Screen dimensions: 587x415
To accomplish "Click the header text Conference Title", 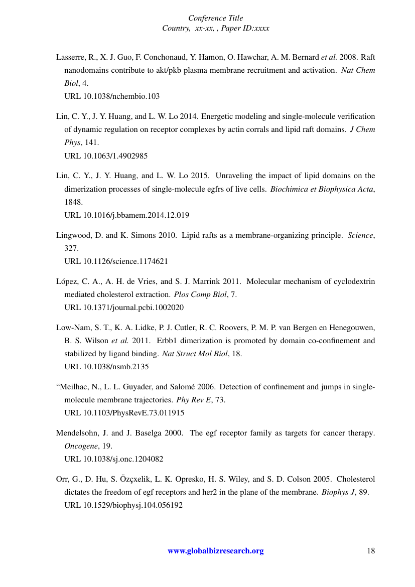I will pos(216,18).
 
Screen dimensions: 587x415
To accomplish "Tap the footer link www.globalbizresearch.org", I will pos(215,551).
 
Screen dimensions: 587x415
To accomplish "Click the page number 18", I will pos(371,551).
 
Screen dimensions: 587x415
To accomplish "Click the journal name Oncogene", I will pos(80,446).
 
